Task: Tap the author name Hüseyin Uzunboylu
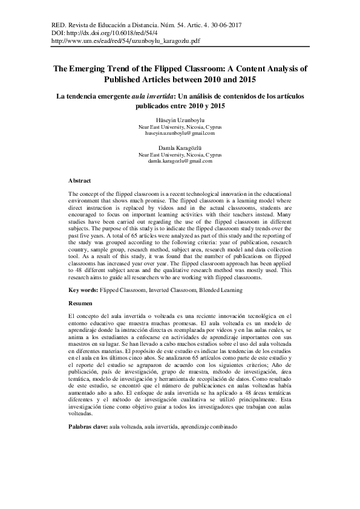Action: [180, 120]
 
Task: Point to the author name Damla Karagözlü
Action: [180, 148]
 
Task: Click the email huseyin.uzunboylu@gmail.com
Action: [180, 134]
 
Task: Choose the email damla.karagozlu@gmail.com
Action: [180, 161]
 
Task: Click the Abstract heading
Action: [79, 181]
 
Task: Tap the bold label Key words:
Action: [83, 290]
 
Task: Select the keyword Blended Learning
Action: [220, 290]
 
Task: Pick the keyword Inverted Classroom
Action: [170, 290]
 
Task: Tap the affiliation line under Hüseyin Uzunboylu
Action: [180, 127]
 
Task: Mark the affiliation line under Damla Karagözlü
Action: [180, 155]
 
